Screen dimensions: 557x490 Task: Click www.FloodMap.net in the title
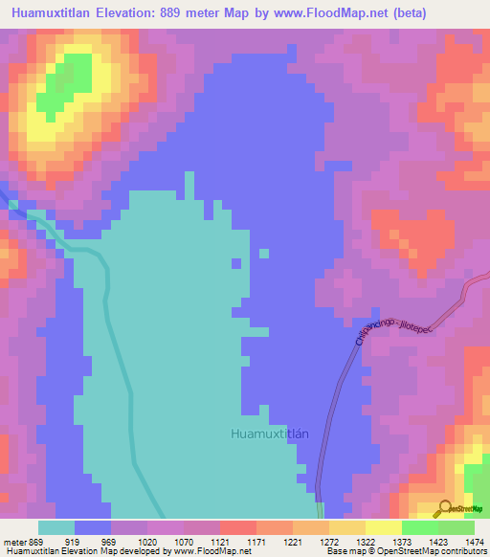(331, 13)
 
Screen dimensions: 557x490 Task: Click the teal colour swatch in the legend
(56, 527)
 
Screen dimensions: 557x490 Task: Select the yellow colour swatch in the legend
(383, 527)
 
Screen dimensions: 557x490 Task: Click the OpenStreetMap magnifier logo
(445, 508)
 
